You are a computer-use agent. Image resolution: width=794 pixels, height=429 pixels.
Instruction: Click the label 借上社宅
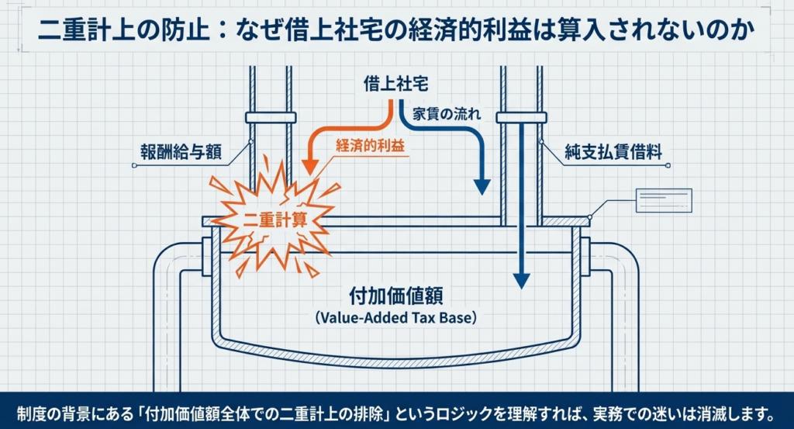[x=395, y=85]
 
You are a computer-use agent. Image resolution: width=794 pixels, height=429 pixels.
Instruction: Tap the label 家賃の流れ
[x=447, y=115]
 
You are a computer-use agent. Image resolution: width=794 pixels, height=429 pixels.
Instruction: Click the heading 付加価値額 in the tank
[x=396, y=296]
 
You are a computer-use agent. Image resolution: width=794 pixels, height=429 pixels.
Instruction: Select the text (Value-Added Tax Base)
[x=395, y=317]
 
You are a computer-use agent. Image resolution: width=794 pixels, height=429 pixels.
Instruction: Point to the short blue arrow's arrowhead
[x=482, y=187]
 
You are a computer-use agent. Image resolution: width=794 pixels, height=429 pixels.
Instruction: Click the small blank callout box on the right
[x=663, y=200]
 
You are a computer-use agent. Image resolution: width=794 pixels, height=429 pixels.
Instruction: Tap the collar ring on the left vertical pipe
[x=271, y=118]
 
